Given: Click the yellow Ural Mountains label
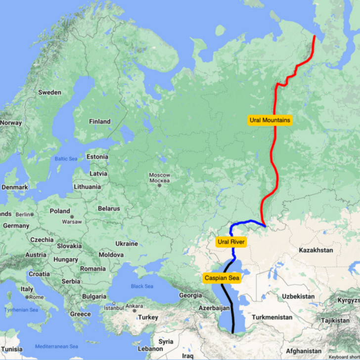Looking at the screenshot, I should pyautogui.click(x=270, y=120).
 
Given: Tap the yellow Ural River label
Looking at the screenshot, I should pyautogui.click(x=231, y=242).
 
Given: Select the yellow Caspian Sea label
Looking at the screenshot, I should pyautogui.click(x=222, y=278).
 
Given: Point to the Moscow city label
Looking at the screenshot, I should pyautogui.click(x=160, y=176).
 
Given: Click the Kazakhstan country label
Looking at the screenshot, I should pyautogui.click(x=316, y=251).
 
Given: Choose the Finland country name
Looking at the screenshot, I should pyautogui.click(x=99, y=122).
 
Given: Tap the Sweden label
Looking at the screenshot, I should pyautogui.click(x=50, y=92).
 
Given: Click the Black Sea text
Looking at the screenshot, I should pyautogui.click(x=142, y=286).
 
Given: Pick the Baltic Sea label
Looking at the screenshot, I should pyautogui.click(x=66, y=159).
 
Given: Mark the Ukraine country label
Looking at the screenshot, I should pyautogui.click(x=127, y=244).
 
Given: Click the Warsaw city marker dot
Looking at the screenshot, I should pyautogui.click(x=72, y=217).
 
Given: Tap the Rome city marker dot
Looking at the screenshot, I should pyautogui.click(x=30, y=297).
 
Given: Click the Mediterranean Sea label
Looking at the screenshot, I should pyautogui.click(x=57, y=346).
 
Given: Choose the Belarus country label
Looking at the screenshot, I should pyautogui.click(x=109, y=209).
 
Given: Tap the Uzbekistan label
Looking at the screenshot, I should pyautogui.click(x=298, y=296).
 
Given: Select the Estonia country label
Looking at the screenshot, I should pyautogui.click(x=97, y=157).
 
